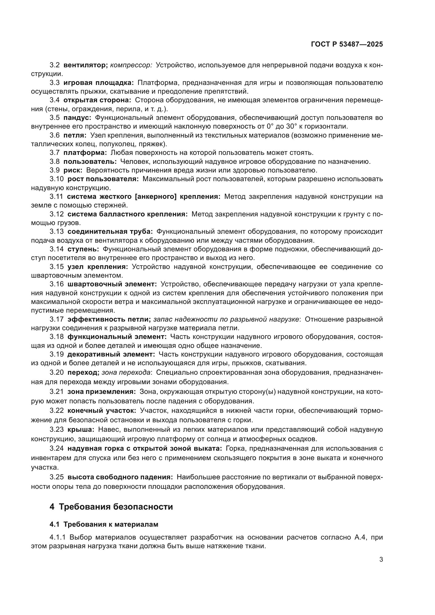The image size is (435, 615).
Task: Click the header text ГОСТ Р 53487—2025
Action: (347, 44)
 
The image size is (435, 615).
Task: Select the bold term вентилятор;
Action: (85, 65)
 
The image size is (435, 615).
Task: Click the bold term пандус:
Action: (77, 118)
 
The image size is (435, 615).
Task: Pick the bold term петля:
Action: (75, 135)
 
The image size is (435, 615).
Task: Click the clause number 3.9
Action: (54, 170)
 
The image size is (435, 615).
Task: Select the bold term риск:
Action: (73, 170)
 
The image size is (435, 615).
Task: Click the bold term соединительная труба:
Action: (110, 231)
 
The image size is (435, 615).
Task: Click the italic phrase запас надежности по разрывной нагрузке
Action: (226, 319)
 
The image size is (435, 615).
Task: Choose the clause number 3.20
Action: (57, 372)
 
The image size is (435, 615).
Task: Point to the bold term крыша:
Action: (81, 430)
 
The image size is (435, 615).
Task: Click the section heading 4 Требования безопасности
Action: (111, 507)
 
